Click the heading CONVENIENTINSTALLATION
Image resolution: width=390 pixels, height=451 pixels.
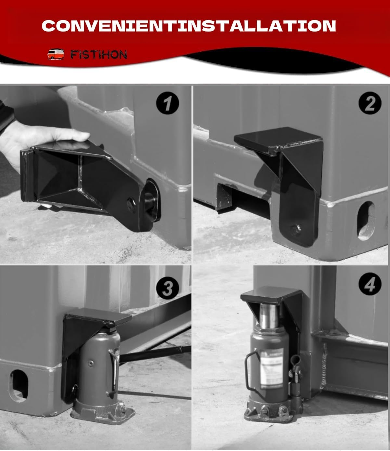[x=189, y=26]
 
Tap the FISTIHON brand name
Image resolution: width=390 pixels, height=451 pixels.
[x=99, y=55]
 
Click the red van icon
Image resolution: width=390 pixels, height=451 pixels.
[x=56, y=54]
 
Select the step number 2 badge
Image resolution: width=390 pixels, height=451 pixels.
[x=370, y=103]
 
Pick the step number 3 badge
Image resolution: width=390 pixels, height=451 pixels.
[x=167, y=288]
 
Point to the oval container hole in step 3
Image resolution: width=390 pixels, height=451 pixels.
[x=18, y=385]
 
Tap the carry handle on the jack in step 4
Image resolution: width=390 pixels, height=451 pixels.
[x=249, y=370]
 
